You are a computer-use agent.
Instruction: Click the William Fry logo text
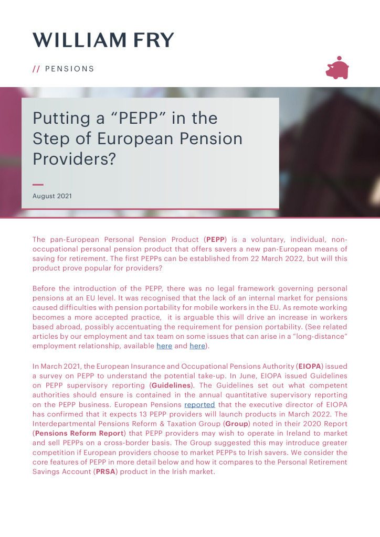(x=103, y=40)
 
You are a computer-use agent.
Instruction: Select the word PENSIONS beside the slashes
(x=70, y=69)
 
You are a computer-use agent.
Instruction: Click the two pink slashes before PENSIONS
(x=36, y=69)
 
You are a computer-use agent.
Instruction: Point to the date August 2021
(x=52, y=196)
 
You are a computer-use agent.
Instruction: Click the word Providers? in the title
(x=74, y=159)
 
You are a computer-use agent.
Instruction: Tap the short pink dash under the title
(x=38, y=185)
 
